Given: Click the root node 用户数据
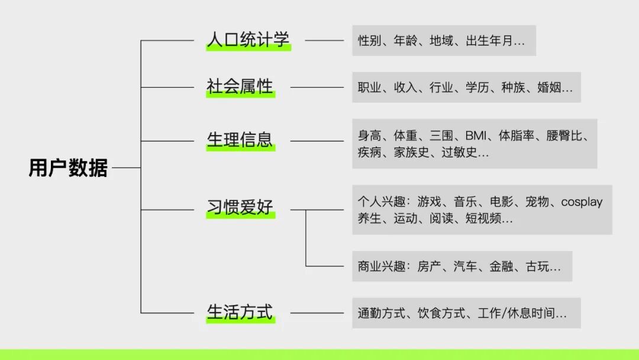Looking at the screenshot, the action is [68, 168].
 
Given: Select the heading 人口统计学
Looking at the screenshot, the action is [248, 40].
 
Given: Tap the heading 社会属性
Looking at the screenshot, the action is [240, 87].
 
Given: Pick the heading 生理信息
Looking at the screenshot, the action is [240, 140].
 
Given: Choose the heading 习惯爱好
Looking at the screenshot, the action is [240, 209].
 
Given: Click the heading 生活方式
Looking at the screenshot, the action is [240, 312].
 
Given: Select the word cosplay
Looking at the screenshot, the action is [582, 201].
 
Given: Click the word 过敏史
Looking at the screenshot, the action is [460, 153].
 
